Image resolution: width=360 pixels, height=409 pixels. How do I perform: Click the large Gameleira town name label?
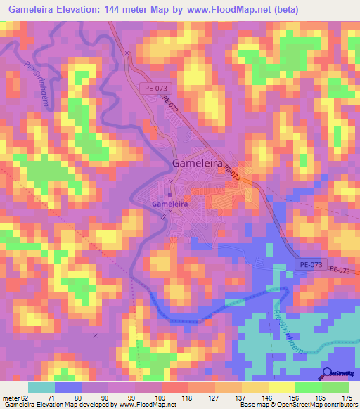[199, 163]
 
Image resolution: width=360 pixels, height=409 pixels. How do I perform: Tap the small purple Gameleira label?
[169, 204]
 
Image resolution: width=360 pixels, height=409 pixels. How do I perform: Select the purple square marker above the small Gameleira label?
[169, 195]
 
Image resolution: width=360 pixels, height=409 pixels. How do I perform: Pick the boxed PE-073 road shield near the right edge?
[309, 264]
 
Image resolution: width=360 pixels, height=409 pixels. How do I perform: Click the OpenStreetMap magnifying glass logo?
[327, 373]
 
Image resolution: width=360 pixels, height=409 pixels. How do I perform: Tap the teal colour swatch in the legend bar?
[41, 387]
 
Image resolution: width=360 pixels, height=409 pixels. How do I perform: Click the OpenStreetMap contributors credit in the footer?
[309, 405]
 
